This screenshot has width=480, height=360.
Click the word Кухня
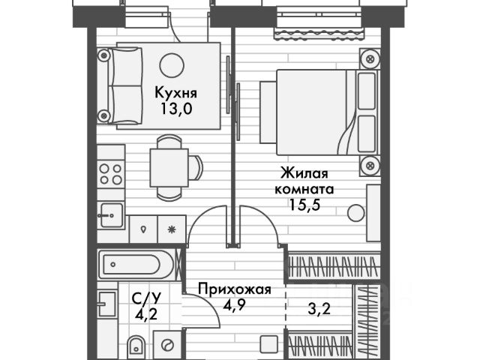175,93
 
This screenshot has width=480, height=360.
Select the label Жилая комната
304,181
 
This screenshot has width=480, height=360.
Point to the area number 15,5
304,202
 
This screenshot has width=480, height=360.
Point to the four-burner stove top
111,174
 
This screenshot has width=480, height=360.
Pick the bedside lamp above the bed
368,57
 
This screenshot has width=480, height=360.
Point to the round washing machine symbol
167,344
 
